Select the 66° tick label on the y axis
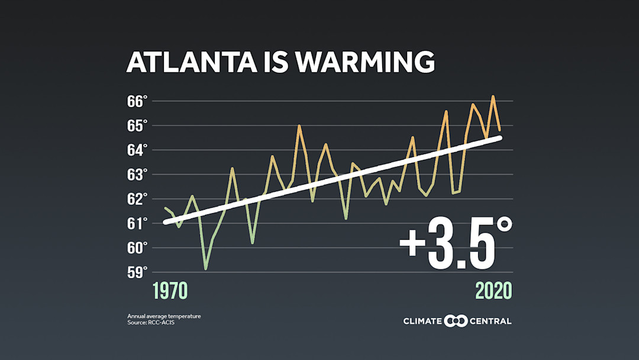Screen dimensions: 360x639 [137, 101]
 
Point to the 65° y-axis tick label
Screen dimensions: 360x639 [137, 126]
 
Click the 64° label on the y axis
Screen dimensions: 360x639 [137, 150]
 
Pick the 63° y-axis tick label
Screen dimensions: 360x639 [137, 175]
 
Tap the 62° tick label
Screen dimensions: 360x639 [137, 199]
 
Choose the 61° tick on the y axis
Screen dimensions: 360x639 [137, 224]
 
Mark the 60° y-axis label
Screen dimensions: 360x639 [137, 248]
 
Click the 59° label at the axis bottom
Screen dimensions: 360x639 [137, 273]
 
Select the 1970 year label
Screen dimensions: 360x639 [170, 291]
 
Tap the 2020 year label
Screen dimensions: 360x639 [493, 291]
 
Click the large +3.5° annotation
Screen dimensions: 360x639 [455, 244]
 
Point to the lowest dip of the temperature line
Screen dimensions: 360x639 [206, 269]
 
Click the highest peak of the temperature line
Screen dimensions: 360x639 [493, 96]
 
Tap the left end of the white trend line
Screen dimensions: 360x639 [165, 223]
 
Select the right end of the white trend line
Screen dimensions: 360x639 [500, 137]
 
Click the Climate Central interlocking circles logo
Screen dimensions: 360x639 [456, 321]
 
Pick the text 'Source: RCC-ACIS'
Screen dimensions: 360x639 [151, 323]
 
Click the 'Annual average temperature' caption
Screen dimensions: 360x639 [164, 316]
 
